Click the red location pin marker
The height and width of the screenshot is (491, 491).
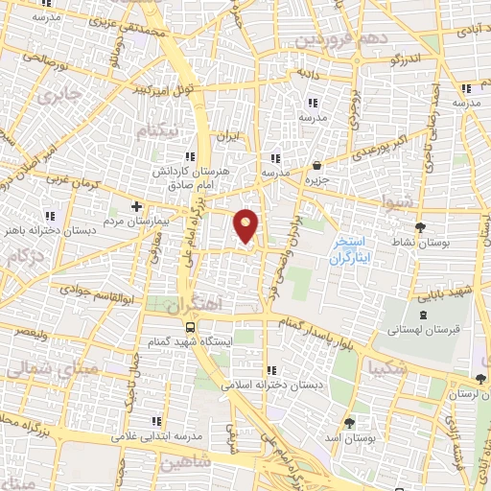[x=247, y=225]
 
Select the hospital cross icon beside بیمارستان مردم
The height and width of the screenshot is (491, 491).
[x=136, y=206]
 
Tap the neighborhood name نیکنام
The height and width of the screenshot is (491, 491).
[x=159, y=131]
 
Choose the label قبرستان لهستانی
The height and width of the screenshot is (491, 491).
[x=422, y=329]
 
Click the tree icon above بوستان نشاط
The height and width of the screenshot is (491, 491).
[x=420, y=227]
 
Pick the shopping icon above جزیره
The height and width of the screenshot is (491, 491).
[x=317, y=165]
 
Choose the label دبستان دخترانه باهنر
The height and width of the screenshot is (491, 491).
[x=50, y=229]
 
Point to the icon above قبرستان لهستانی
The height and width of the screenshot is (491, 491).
[x=423, y=316]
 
